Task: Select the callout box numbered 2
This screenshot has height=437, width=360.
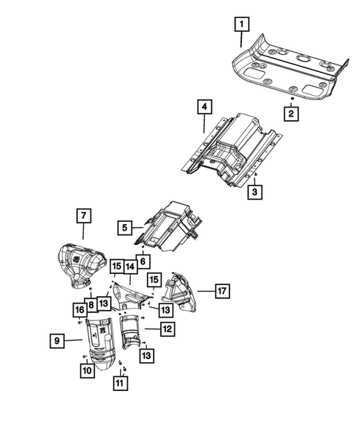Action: coord(292,114)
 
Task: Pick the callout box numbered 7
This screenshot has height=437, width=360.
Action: coord(83,216)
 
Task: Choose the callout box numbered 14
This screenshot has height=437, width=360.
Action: coord(129,266)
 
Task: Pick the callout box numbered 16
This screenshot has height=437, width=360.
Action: coord(79,309)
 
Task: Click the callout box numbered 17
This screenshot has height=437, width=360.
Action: coord(222,290)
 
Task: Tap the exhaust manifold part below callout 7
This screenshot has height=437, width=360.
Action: coord(82,262)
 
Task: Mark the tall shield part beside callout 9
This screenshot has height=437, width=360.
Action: coord(102,341)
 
